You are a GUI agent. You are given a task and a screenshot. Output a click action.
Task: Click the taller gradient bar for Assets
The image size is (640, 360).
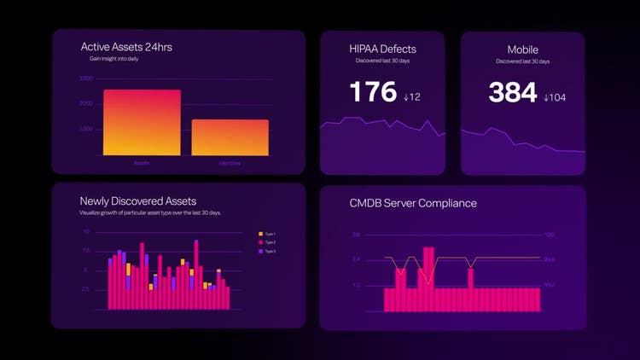pos(142,123)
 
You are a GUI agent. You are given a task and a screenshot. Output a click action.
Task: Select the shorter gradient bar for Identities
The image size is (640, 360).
pos(230,137)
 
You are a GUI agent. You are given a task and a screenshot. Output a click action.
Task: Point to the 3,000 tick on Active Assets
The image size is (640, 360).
pos(86,78)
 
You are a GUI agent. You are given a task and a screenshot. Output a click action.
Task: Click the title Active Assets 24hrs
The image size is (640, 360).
pos(126,48)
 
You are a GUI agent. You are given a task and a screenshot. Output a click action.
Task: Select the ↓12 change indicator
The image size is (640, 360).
pos(412,97)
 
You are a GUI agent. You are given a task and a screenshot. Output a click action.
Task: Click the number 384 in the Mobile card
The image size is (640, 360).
pos(513,93)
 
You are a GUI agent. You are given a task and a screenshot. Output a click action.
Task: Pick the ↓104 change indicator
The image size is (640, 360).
pos(555,97)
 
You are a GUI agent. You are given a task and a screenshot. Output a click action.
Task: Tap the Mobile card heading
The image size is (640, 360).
pos(523,49)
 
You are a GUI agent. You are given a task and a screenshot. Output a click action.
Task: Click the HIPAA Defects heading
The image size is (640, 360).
pos(382,49)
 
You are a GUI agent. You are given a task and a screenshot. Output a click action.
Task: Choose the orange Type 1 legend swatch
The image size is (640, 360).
pos(261,234)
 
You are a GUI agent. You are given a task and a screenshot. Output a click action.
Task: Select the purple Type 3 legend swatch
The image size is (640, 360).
pos(261,252)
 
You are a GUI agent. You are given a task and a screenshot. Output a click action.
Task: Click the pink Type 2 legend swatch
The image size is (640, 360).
pos(261,242)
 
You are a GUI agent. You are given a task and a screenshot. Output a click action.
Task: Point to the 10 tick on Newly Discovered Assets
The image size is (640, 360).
pos(86,232)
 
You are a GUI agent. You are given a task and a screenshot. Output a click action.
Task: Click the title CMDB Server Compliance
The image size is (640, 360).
pos(413,203)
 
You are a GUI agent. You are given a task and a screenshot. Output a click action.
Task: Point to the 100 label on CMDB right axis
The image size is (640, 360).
pos(550,235)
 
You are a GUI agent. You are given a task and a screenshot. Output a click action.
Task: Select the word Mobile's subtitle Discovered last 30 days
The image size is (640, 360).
pos(522,61)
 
